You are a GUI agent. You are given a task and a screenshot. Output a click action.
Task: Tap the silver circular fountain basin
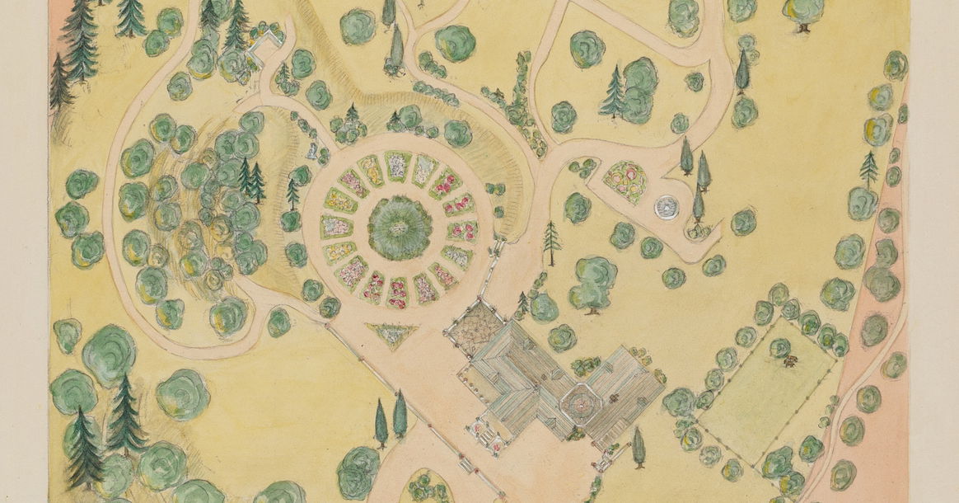click(x=667, y=208)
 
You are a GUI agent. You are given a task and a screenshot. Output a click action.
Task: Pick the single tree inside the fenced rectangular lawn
click(x=779, y=348)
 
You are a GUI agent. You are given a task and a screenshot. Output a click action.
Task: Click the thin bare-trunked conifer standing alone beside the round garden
click(x=552, y=242)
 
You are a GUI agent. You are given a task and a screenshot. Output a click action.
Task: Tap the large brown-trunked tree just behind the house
click(x=593, y=283)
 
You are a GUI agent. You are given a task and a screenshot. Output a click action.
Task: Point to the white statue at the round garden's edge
click(x=312, y=151)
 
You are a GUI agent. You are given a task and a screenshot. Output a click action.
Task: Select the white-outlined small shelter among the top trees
click(x=265, y=45)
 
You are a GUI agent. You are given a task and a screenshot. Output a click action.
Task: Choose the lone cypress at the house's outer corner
click(x=638, y=446)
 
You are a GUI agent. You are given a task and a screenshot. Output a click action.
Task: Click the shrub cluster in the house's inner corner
click(x=586, y=365)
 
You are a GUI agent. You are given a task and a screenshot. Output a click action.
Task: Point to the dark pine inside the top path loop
click(x=614, y=92)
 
